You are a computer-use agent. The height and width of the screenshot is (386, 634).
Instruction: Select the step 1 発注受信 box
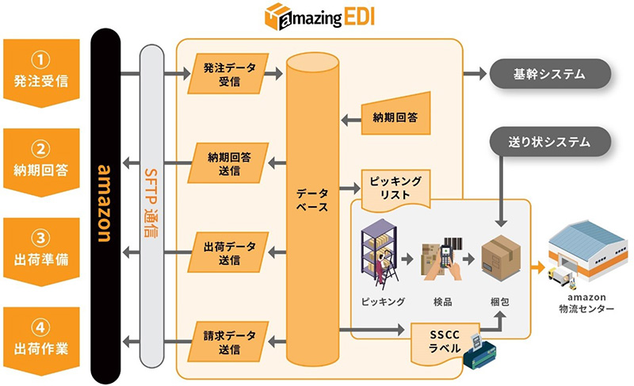click(x=41, y=69)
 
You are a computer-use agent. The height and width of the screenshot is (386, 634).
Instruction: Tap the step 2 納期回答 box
click(x=41, y=159)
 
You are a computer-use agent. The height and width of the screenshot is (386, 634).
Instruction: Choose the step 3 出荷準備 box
click(x=41, y=248)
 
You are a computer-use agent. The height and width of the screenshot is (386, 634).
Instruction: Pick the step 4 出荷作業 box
click(x=41, y=336)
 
